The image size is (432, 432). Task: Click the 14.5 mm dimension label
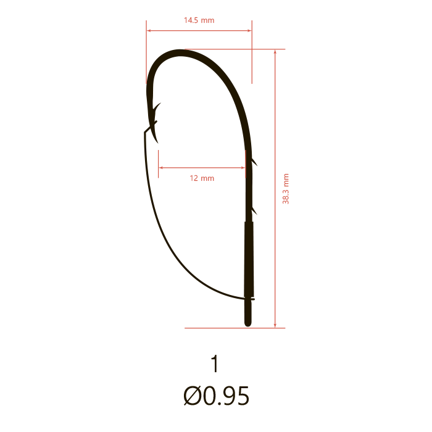(199, 20)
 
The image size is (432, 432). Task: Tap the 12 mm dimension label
(202, 178)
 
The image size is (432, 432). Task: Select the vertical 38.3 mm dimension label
(286, 189)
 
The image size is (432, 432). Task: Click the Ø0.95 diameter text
(216, 396)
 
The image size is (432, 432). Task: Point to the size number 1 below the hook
(215, 363)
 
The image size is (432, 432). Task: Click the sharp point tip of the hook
(158, 143)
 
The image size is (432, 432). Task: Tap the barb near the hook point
(157, 107)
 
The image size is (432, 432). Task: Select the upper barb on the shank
(254, 162)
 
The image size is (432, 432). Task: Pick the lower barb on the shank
(254, 211)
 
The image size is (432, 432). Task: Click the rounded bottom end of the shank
(248, 325)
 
